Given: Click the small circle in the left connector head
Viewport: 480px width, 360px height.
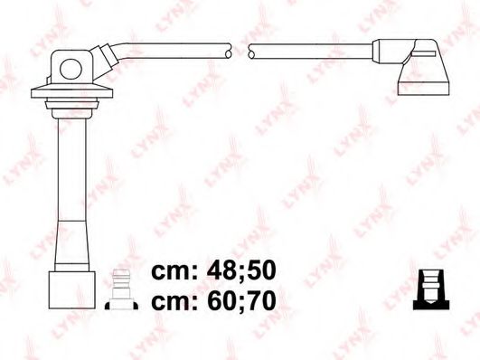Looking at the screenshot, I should [70, 64].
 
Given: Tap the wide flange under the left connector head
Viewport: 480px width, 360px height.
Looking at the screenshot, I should [69, 92].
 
